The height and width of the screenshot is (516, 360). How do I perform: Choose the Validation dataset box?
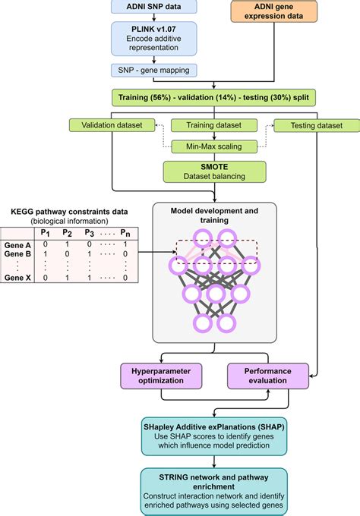[x=111, y=125]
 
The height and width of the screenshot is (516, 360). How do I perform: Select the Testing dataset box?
[x=308, y=125]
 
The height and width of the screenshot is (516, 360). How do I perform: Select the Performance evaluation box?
[x=269, y=376]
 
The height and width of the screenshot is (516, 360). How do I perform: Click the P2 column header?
[x=67, y=234]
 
